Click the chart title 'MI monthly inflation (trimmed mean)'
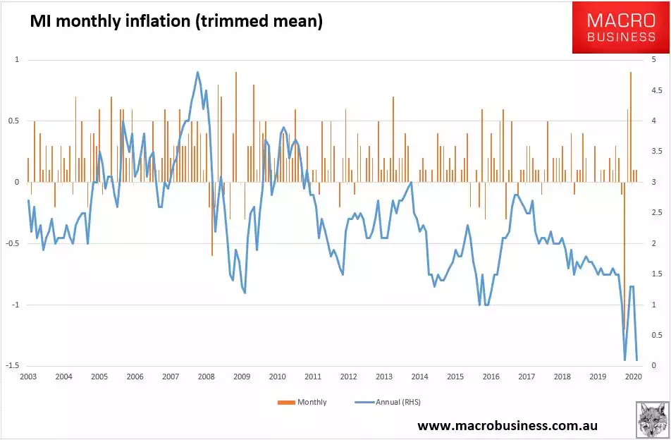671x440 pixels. pos(176,22)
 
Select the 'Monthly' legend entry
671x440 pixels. pos(305,402)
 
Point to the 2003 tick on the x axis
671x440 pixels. pos(28,377)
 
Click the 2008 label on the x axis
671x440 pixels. pos(206,377)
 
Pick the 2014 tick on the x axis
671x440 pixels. pos(419,377)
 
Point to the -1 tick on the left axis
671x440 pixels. pos(13,305)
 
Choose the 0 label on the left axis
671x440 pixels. pos(16,183)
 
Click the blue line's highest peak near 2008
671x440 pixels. pos(197,72)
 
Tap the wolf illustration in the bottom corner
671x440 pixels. pos(652,420)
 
